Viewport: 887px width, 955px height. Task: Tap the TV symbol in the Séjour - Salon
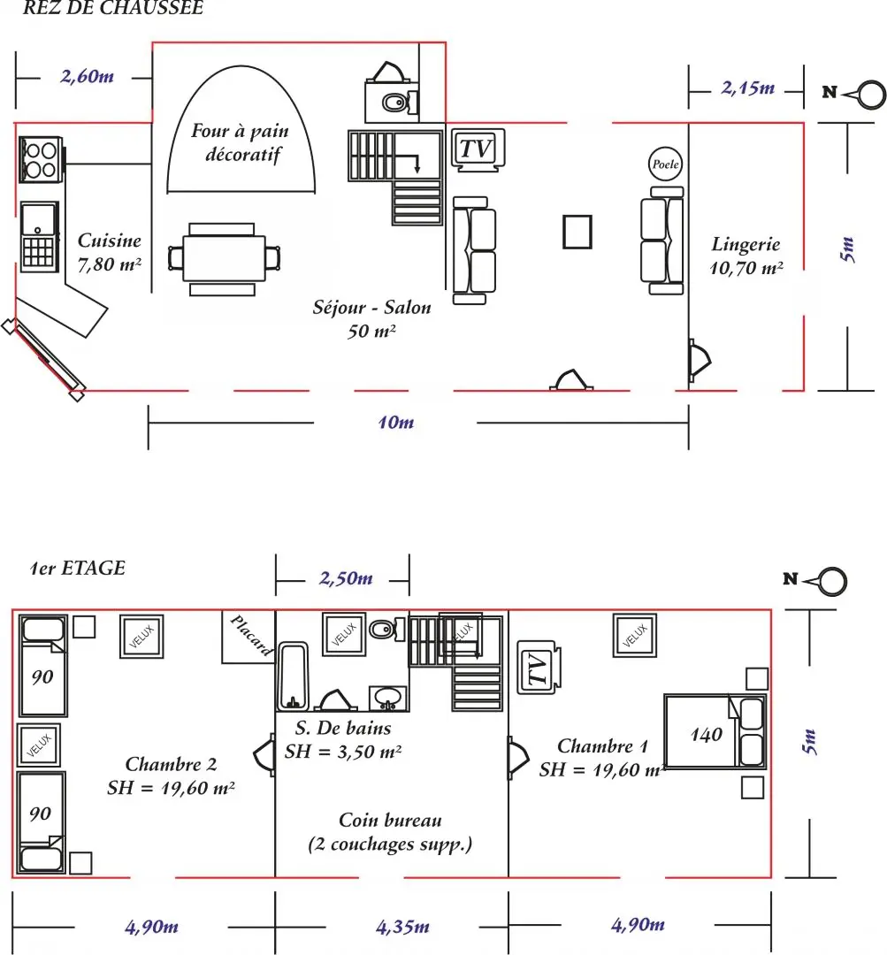click(x=478, y=149)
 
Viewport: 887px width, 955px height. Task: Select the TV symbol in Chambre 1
click(x=539, y=668)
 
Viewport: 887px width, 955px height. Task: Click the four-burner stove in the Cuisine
click(x=41, y=159)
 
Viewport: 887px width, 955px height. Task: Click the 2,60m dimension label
click(x=88, y=76)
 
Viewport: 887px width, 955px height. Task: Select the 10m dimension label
click(x=396, y=422)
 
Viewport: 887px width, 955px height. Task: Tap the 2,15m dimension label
click(x=748, y=88)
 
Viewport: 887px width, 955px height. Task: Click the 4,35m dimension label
click(x=402, y=927)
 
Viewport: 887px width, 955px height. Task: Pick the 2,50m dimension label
click(x=346, y=578)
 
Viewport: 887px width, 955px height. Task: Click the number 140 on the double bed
click(x=706, y=735)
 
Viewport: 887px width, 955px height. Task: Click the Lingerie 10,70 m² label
click(x=746, y=256)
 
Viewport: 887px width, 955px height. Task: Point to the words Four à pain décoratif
click(x=240, y=142)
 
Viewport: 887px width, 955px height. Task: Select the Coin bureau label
click(x=391, y=820)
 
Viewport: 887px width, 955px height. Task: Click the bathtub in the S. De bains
click(x=293, y=676)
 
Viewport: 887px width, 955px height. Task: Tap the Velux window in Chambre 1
click(x=635, y=635)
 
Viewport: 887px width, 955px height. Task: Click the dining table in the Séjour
click(x=224, y=259)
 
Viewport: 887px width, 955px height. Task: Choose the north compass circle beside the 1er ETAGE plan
click(x=831, y=581)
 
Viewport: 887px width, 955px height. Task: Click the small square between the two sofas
click(x=577, y=232)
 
